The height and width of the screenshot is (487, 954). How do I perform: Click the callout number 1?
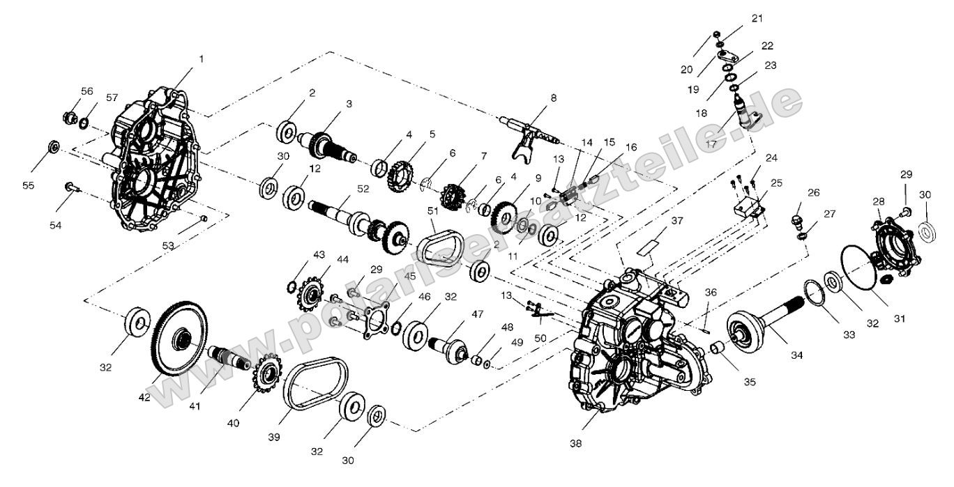click(202, 59)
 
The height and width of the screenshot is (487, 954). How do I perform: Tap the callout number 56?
click(87, 91)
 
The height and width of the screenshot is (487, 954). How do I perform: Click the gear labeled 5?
click(397, 175)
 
